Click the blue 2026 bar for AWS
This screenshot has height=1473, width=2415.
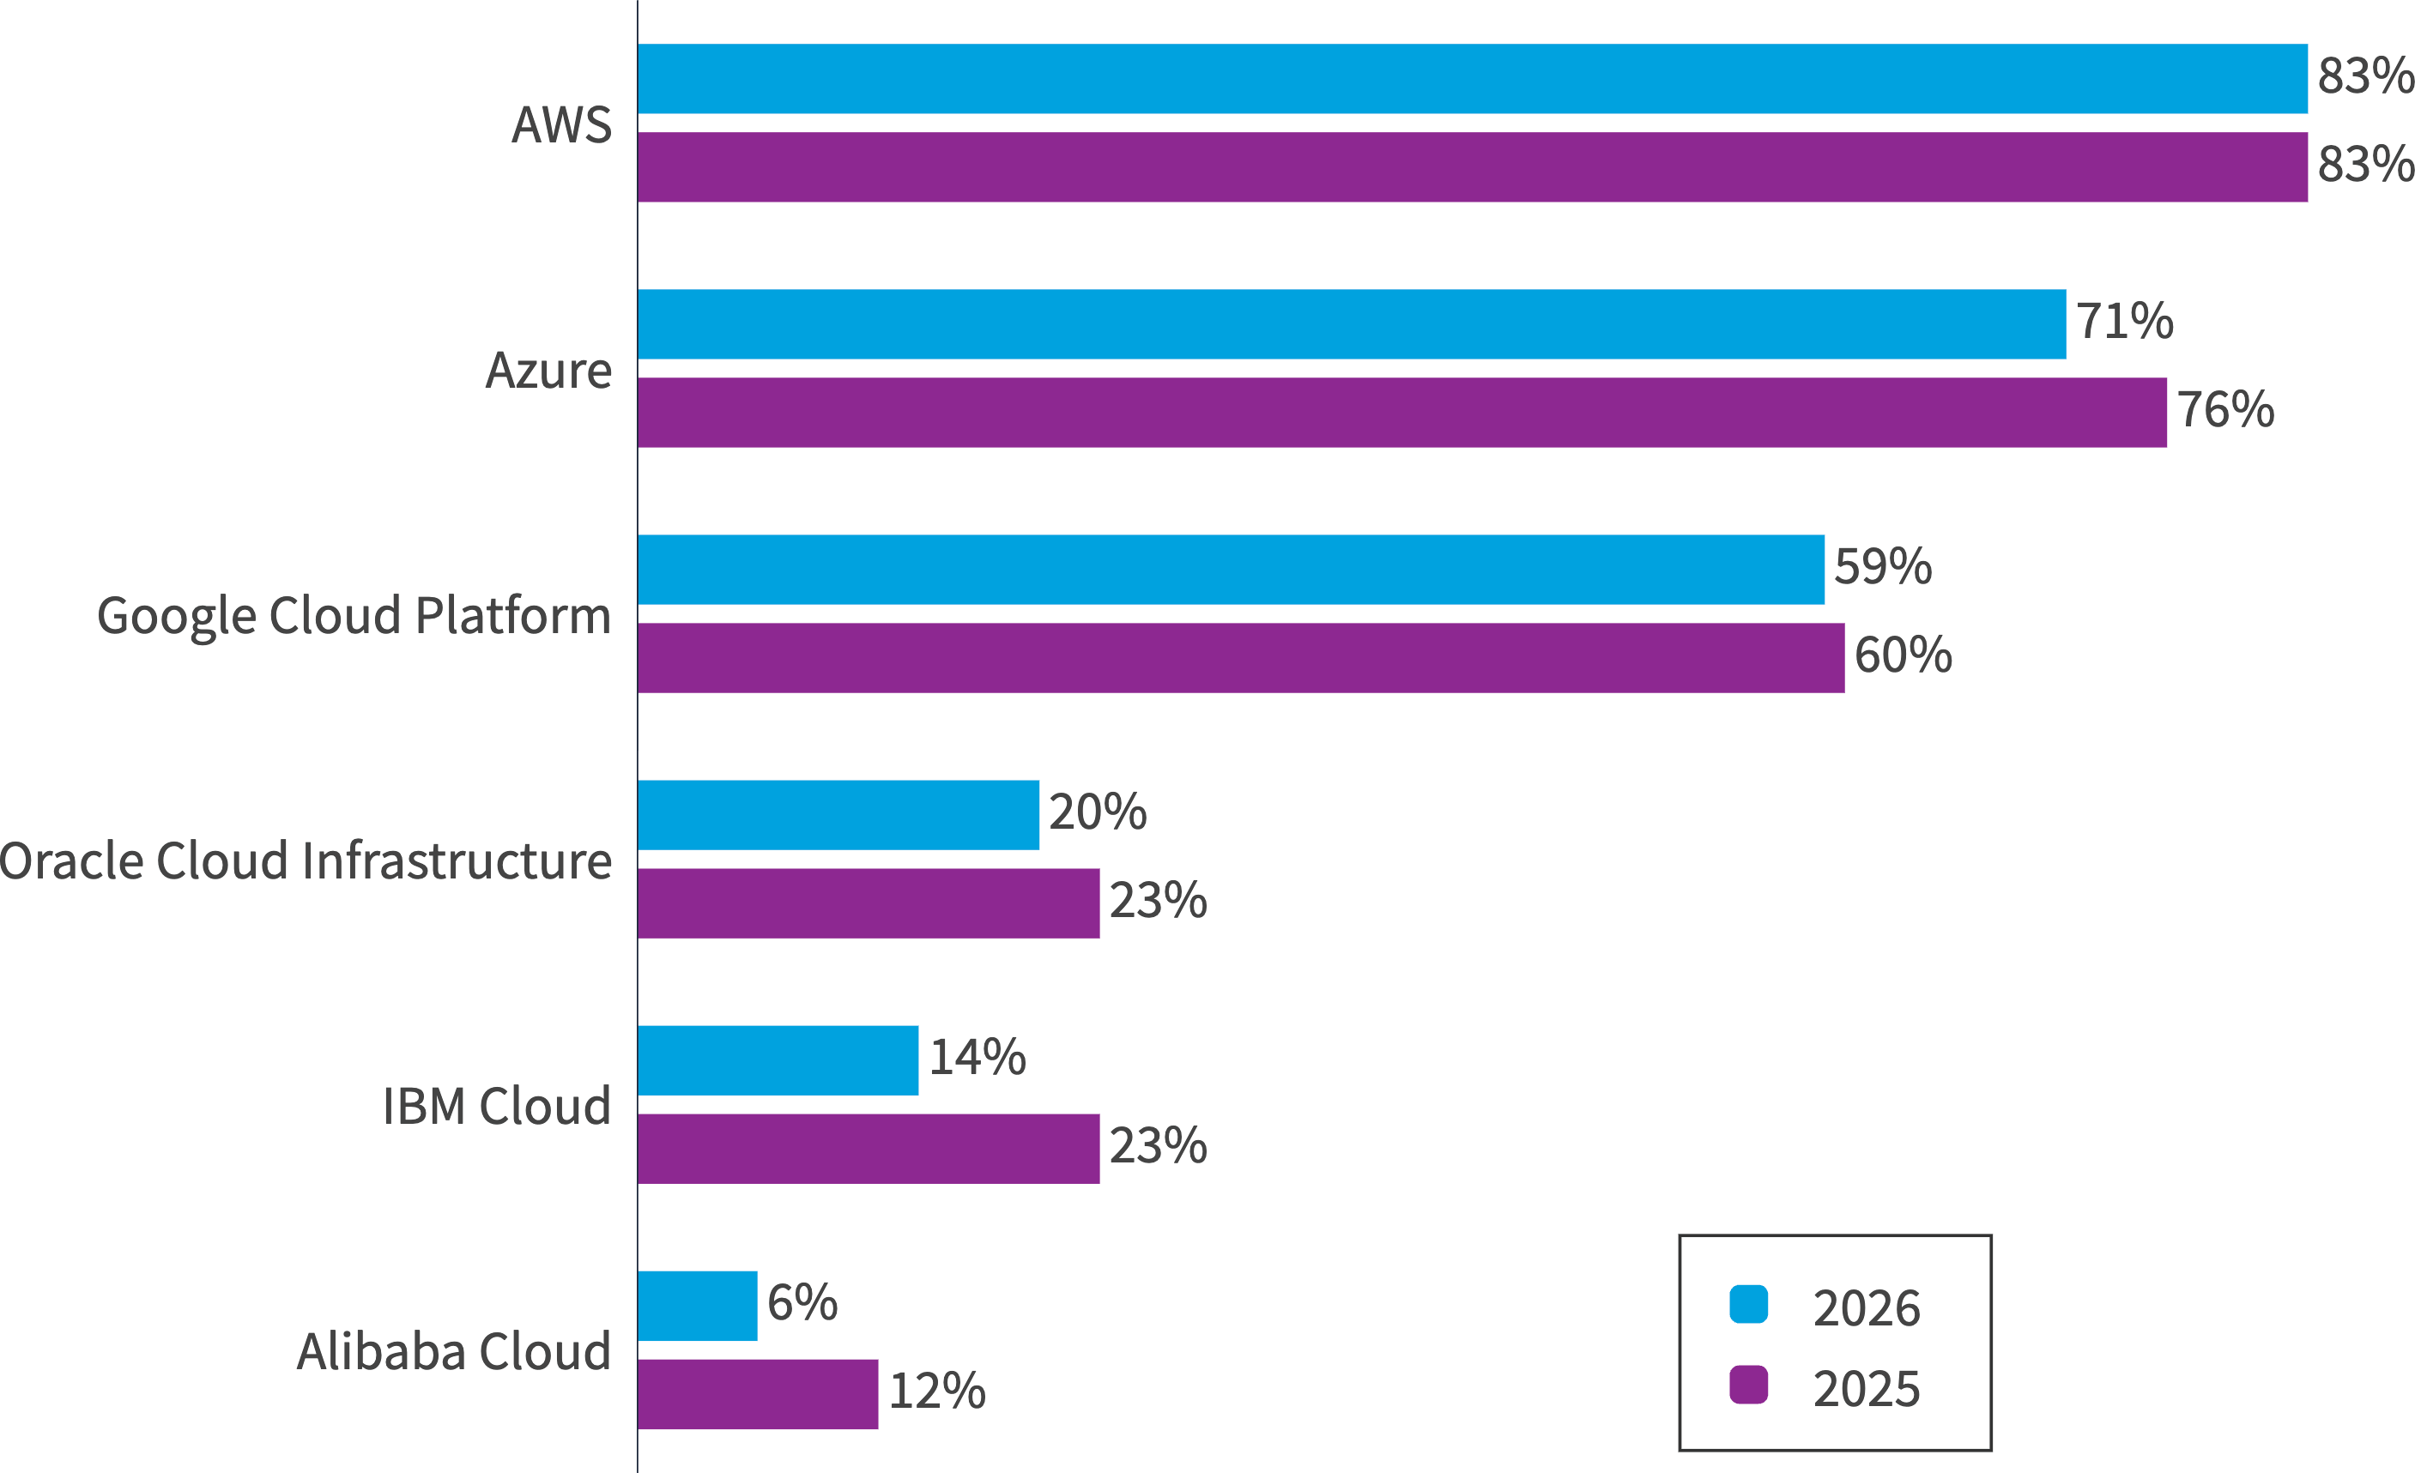(1470, 78)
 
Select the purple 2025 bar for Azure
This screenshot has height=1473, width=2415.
(1401, 413)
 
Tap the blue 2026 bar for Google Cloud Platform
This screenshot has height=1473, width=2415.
(1230, 570)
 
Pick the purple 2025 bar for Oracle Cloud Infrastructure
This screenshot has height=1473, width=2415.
(868, 903)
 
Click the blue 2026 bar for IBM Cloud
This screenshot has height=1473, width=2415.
(778, 1060)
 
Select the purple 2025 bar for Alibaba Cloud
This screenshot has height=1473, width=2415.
(757, 1393)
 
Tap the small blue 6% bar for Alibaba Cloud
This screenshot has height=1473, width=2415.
(697, 1306)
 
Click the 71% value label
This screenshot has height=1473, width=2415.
(2124, 322)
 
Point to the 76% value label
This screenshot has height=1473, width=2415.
(2224, 410)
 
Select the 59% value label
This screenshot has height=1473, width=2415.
(1883, 566)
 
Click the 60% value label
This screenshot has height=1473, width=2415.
(1903, 655)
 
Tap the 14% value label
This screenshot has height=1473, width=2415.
(977, 1058)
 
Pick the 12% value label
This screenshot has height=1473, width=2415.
(937, 1391)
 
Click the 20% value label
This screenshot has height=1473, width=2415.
(1097, 812)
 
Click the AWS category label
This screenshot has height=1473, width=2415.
(561, 125)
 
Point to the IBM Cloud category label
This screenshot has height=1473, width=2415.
(496, 1107)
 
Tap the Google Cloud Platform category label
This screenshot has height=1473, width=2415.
(354, 617)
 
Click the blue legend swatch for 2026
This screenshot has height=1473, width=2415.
(1748, 1305)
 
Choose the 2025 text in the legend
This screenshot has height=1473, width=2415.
(1866, 1389)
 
